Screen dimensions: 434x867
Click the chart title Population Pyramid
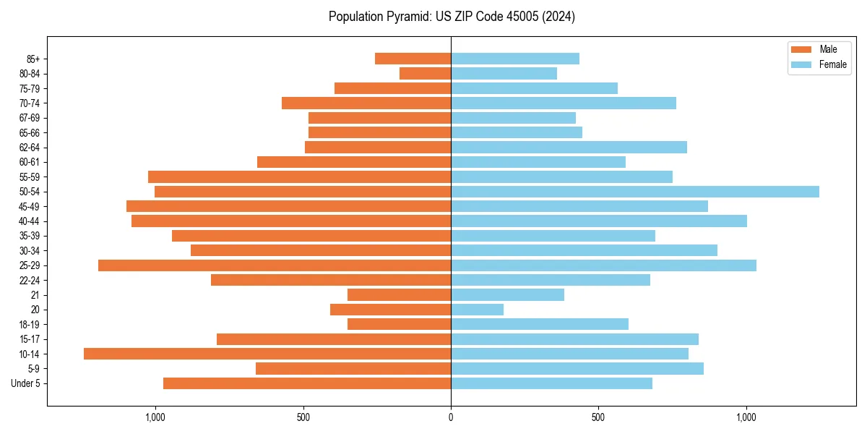tap(452, 17)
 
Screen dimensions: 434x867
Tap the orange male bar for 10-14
tap(267, 354)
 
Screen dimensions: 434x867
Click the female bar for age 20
tap(477, 310)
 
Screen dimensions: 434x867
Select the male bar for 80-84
tap(425, 73)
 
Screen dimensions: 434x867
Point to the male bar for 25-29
tap(275, 265)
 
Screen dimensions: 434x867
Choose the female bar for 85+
tap(514, 59)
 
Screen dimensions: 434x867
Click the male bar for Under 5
tap(307, 383)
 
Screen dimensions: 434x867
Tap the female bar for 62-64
tap(569, 147)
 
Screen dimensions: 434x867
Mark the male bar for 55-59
tap(299, 176)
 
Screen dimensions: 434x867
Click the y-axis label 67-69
tap(29, 118)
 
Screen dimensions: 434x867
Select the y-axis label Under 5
tap(26, 383)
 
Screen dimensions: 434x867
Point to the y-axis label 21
tap(35, 295)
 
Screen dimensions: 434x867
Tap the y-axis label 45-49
tap(29, 206)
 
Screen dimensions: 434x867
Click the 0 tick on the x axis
tap(451, 417)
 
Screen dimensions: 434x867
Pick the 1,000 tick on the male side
tap(155, 417)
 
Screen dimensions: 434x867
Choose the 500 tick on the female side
tap(598, 417)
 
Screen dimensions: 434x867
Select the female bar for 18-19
tap(539, 324)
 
